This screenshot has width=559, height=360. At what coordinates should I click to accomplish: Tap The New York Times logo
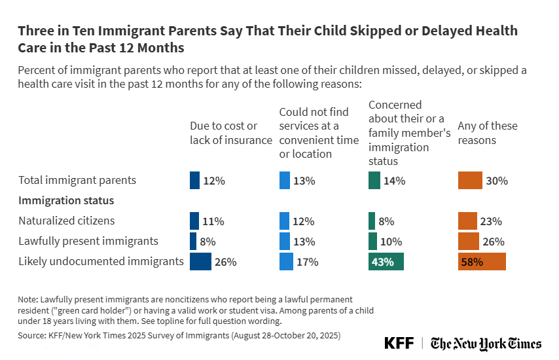click(x=486, y=344)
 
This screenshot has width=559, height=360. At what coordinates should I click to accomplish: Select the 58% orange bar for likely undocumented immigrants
click(x=482, y=262)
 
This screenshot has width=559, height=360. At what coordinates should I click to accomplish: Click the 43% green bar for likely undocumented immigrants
click(x=386, y=262)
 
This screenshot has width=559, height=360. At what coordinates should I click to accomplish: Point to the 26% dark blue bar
click(x=200, y=262)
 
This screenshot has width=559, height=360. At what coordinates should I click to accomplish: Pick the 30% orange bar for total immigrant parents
click(x=469, y=181)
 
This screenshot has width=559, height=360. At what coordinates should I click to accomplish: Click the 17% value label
click(x=307, y=262)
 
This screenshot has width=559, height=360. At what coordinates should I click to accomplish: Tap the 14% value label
click(x=395, y=181)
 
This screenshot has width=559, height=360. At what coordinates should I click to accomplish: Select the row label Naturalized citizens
click(x=67, y=221)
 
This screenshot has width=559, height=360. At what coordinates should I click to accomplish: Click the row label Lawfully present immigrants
click(x=88, y=241)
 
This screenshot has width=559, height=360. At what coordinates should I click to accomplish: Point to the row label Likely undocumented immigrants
click(x=101, y=261)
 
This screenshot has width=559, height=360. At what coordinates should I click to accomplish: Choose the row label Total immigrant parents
click(x=77, y=180)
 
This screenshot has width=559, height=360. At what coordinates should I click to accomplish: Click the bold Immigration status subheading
click(x=66, y=200)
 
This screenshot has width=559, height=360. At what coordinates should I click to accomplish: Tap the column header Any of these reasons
click(x=487, y=133)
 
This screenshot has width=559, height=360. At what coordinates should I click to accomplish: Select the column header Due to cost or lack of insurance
click(x=230, y=133)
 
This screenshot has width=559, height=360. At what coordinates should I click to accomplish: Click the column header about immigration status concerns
click(x=409, y=133)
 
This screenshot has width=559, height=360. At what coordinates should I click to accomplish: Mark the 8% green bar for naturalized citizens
click(x=372, y=221)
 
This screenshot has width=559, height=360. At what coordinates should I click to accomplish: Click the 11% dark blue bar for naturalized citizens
click(x=194, y=221)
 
